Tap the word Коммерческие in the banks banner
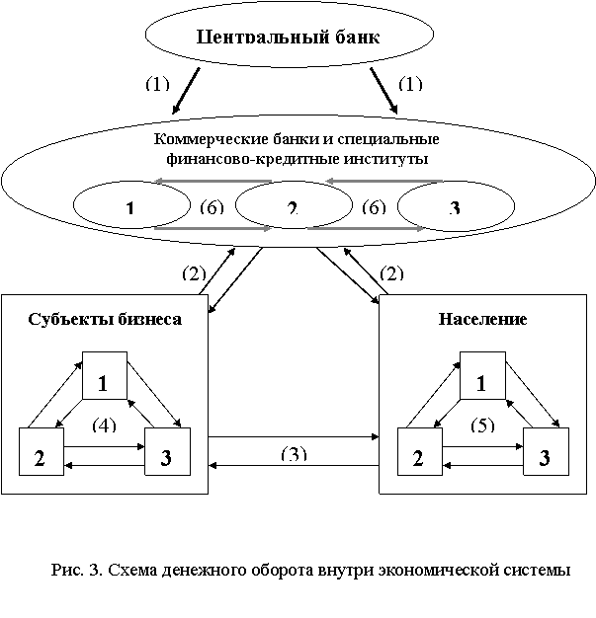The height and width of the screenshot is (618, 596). point(197,139)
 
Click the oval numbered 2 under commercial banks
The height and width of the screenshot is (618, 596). point(292,207)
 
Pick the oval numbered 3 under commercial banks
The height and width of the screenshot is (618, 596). point(455,207)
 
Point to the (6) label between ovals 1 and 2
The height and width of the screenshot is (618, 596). point(212,206)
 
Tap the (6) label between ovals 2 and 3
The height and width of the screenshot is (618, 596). point(375,206)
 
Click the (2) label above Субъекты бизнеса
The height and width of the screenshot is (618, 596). point(193,273)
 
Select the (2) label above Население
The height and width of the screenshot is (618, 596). point(391,273)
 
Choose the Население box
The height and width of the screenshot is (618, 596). point(481,319)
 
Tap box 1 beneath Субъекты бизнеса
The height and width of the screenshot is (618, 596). point(104,380)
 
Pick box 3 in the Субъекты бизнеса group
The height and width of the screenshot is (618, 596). point(166,456)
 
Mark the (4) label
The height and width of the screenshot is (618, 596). point(104,425)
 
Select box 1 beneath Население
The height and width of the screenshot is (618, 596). point(482,380)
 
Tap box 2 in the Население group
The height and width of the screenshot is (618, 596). point(419,456)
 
